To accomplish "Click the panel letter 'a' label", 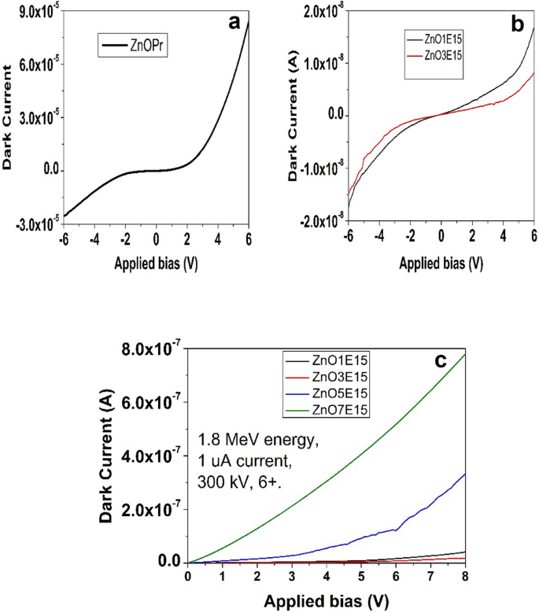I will [x=234, y=22].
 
